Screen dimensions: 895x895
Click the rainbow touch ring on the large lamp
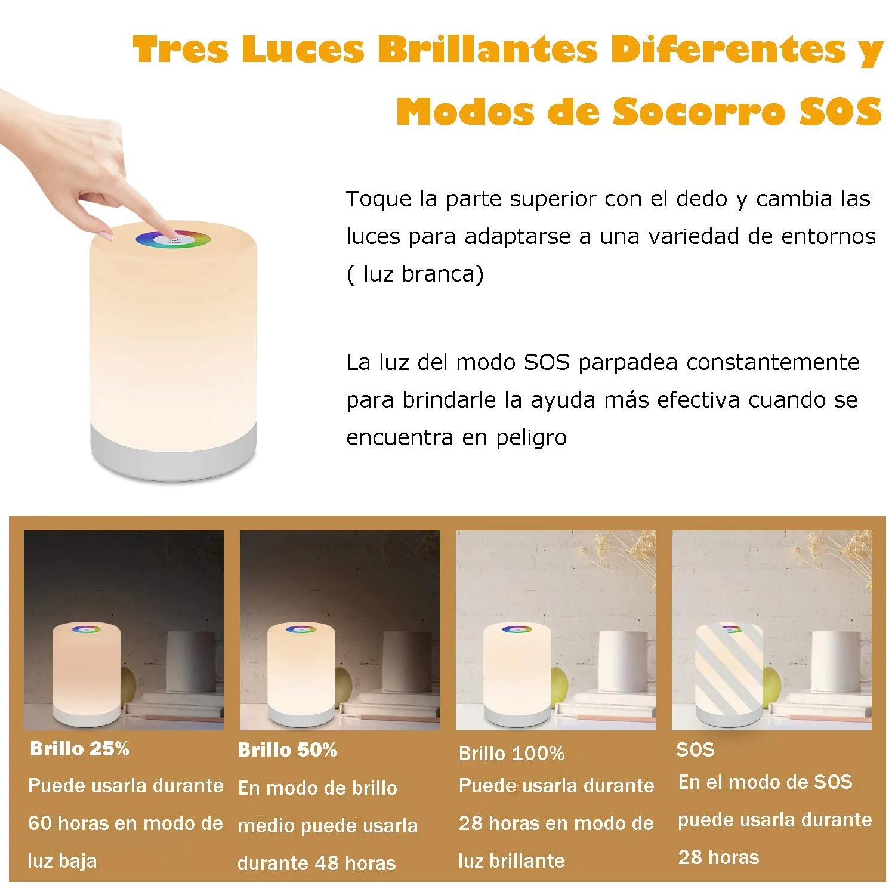(173, 240)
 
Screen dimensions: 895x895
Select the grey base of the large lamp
(174, 452)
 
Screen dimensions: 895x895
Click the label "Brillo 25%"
(79, 749)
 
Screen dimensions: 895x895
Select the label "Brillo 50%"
(287, 750)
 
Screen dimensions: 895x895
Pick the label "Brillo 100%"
(511, 753)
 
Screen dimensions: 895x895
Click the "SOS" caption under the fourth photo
(695, 749)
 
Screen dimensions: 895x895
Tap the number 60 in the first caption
(40, 823)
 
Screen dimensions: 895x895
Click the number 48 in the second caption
(323, 863)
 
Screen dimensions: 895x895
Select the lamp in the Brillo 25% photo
(87, 672)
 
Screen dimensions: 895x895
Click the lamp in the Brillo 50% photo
(302, 672)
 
